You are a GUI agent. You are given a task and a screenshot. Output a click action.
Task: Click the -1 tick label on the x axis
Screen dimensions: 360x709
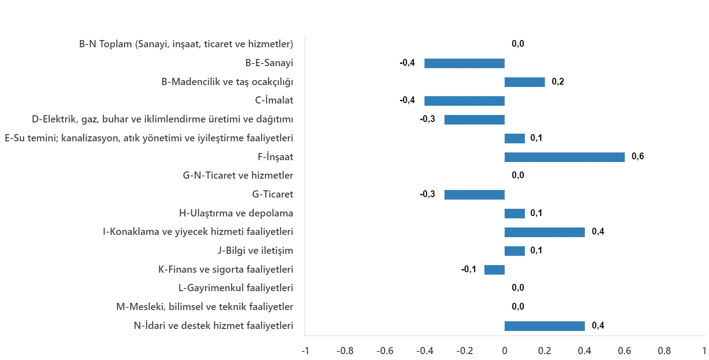tap(305, 351)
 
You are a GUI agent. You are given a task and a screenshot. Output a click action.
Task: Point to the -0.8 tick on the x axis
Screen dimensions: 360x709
tap(346, 351)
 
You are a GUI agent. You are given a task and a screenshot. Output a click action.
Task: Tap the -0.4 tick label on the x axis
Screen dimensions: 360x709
tap(425, 351)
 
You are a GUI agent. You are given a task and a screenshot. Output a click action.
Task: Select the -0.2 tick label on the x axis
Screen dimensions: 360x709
tap(465, 351)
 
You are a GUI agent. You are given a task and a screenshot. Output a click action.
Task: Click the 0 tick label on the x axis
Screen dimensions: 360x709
tap(504, 351)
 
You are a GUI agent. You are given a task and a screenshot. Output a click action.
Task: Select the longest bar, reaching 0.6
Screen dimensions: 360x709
tap(565, 157)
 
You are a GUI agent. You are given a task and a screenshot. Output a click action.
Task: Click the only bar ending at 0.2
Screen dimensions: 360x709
tap(525, 82)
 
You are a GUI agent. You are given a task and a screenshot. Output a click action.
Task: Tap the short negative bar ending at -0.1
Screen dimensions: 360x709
tap(494, 270)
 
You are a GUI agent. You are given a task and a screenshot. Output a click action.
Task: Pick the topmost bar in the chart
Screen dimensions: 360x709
tap(464, 63)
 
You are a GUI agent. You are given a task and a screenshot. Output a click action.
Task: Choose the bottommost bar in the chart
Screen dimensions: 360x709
tap(544, 326)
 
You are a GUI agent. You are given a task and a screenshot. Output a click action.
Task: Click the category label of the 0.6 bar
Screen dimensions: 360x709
tap(275, 157)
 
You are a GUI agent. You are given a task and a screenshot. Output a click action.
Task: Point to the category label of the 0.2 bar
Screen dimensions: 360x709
tap(228, 82)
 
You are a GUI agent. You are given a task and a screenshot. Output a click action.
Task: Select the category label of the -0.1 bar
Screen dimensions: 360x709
tap(226, 269)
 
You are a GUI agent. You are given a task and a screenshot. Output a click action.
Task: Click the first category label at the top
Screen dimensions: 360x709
tap(187, 45)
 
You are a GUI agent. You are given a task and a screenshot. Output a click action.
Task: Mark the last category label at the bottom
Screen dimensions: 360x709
tap(214, 325)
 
